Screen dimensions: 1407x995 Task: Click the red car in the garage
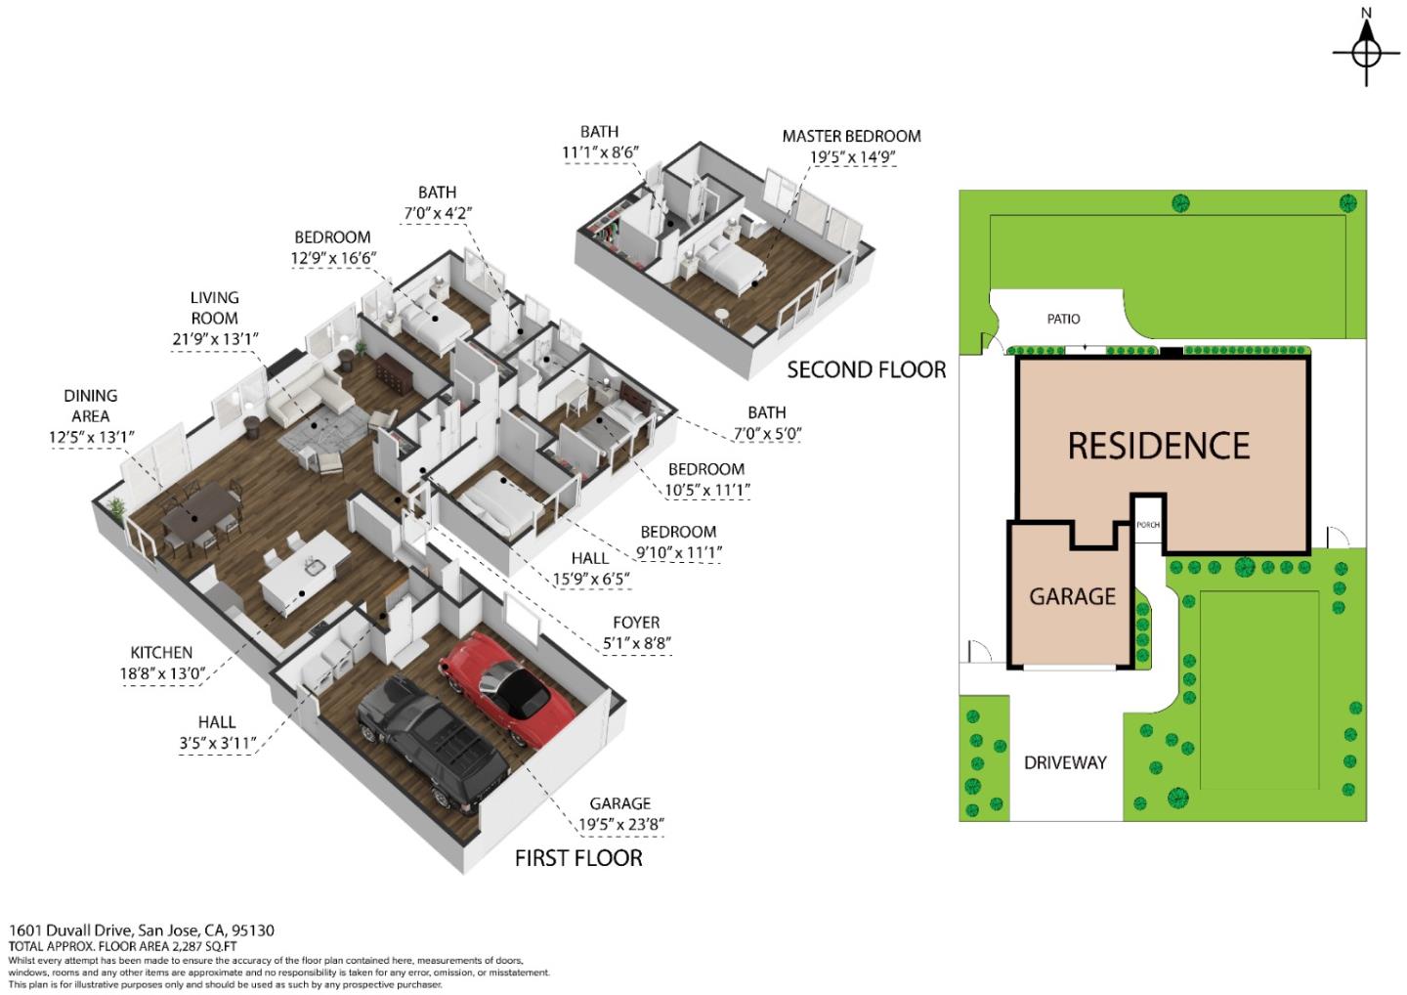click(506, 689)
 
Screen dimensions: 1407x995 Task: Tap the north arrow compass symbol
click(1366, 54)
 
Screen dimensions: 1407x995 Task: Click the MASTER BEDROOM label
click(851, 136)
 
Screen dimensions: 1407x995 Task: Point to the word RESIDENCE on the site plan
click(1159, 446)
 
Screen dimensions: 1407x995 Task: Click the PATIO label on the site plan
click(1063, 319)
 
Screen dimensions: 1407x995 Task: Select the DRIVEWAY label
click(1065, 762)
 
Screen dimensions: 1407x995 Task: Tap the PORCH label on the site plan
click(1148, 525)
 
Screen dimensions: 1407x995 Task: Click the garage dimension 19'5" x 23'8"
click(620, 824)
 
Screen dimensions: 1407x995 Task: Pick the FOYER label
click(636, 623)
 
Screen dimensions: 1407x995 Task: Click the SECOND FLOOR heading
click(866, 370)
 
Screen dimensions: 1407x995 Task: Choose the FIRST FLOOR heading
click(578, 858)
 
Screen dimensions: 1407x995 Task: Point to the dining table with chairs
click(199, 516)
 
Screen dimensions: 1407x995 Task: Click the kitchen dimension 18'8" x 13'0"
click(162, 674)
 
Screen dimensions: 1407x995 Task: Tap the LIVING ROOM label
click(214, 308)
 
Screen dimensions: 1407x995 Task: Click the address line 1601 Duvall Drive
click(142, 930)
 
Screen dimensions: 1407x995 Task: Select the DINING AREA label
click(91, 406)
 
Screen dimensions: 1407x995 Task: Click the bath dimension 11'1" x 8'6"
click(600, 152)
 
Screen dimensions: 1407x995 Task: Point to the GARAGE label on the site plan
click(1072, 597)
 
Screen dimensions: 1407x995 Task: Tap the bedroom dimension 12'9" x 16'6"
click(333, 258)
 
